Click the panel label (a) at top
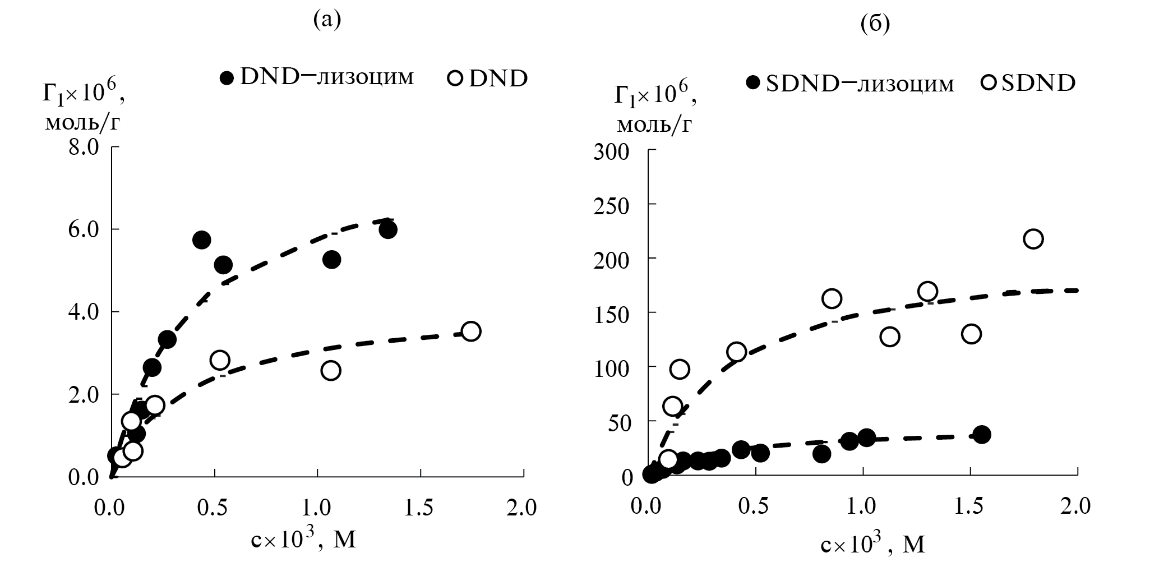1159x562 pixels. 327,21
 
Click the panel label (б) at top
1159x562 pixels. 875,25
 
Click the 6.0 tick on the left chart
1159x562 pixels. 84,229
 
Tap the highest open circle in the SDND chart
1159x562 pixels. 1033,239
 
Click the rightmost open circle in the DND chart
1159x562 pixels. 471,331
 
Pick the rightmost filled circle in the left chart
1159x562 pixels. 387,229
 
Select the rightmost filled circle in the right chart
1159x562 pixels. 982,434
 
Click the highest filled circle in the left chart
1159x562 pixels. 387,229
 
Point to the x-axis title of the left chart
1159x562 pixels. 303,540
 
